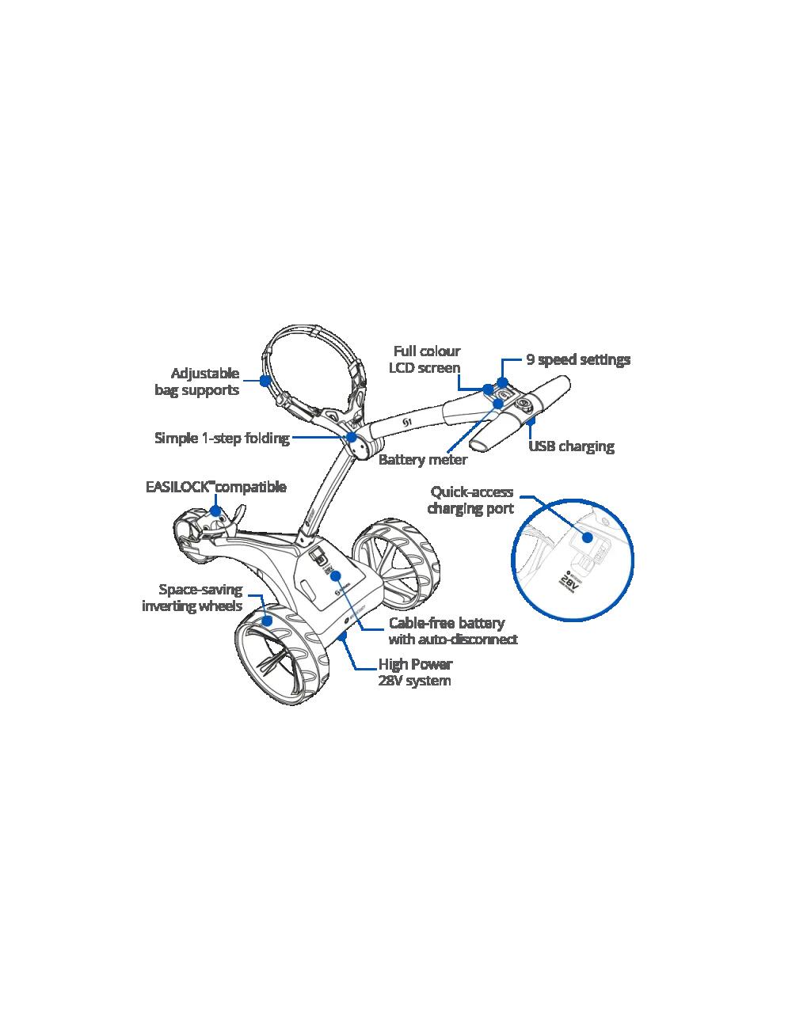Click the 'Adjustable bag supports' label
pos(197,382)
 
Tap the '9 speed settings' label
pos(578,359)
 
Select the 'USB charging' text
pos(571,446)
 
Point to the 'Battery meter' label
pos(423,459)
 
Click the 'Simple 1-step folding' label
pos(223,438)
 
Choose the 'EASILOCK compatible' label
pos(216,487)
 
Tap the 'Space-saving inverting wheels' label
pos(192,598)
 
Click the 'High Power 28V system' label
pos(415,673)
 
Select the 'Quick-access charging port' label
pos(470,500)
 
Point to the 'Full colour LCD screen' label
pos(425,359)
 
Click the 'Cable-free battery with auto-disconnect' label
pos(453,631)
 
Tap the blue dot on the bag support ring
pos(265,380)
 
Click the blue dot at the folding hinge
pos(352,437)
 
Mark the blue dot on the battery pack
pos(335,575)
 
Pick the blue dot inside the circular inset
pos(588,537)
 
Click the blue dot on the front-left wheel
pos(267,621)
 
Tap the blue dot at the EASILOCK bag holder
pos(215,511)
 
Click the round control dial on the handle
pos(524,404)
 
